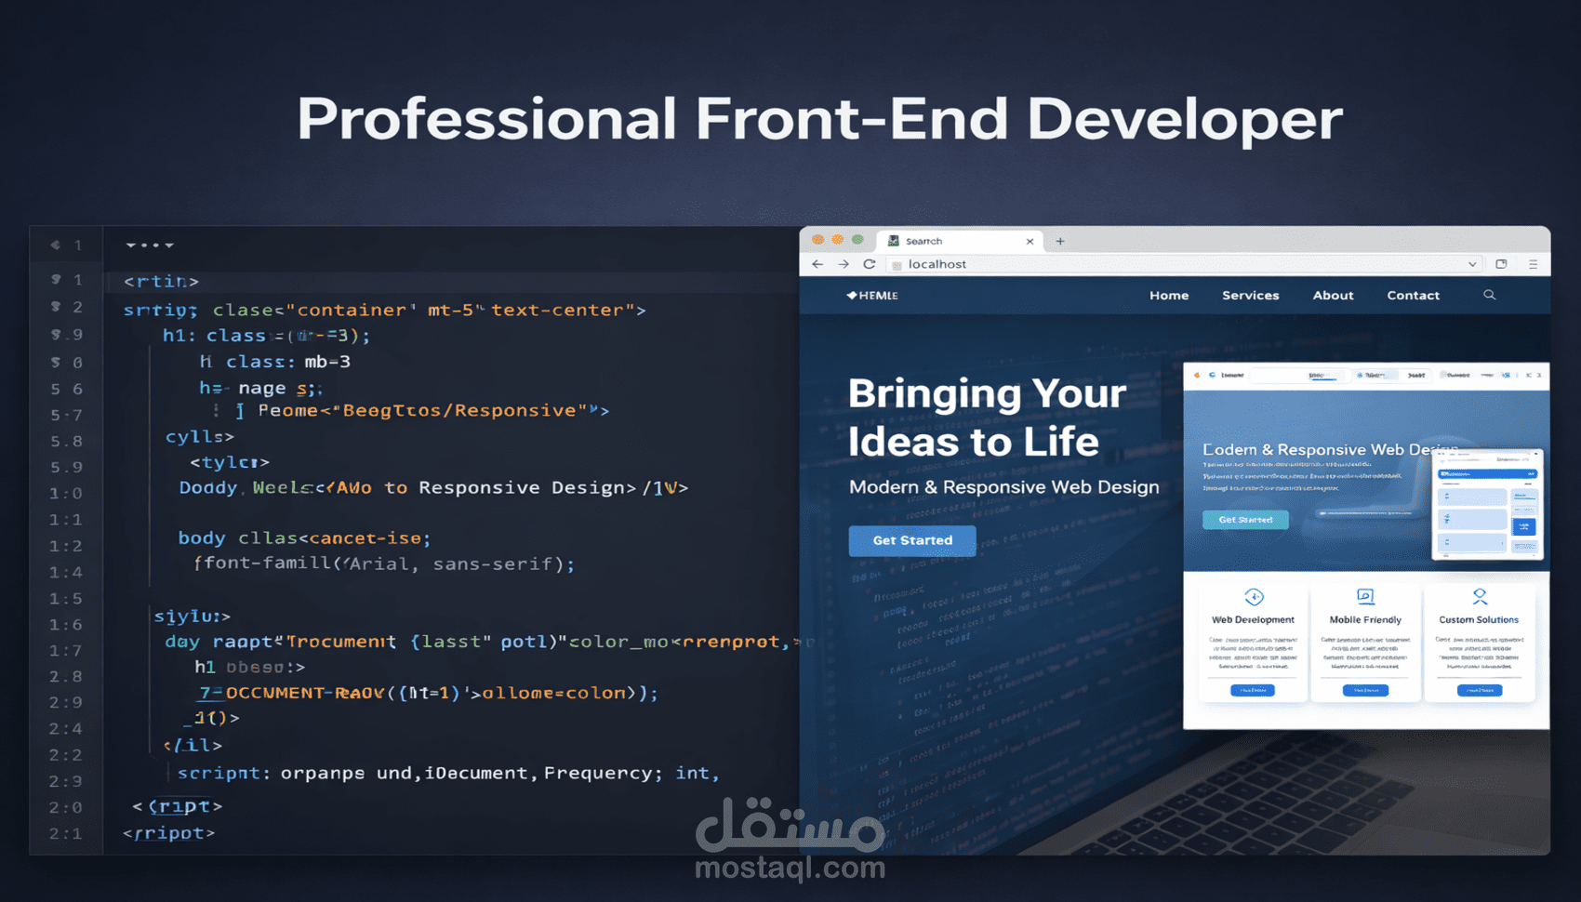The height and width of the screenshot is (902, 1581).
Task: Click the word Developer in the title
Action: click(1184, 119)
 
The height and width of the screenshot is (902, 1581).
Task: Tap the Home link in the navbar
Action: click(1169, 296)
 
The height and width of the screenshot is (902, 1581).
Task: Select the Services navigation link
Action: click(1250, 296)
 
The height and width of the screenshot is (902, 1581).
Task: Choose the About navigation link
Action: click(1333, 296)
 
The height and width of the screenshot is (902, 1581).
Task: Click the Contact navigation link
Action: click(1413, 296)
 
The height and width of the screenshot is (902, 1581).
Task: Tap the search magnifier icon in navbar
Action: click(1489, 295)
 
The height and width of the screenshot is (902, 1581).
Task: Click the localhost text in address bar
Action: click(937, 264)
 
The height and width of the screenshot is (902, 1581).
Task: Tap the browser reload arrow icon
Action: click(869, 264)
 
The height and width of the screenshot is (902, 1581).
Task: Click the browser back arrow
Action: click(817, 264)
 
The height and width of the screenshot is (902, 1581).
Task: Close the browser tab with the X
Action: click(1030, 242)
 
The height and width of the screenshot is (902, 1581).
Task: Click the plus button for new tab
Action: click(1059, 241)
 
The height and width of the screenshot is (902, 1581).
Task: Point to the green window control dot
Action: click(857, 240)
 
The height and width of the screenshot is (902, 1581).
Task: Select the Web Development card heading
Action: click(1253, 619)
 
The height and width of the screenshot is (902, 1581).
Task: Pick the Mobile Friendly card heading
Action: click(1365, 619)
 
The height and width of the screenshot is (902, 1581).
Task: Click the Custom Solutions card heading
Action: click(1479, 619)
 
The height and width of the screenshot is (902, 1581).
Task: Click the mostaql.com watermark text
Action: click(790, 869)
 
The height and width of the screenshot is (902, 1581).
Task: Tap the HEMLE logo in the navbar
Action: click(872, 296)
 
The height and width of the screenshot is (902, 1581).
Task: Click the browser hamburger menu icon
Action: click(1533, 264)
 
